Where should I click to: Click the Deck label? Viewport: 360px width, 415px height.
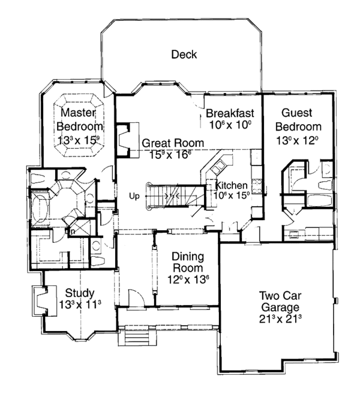click(184, 55)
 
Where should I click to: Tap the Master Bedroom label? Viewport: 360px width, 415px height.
click(79, 119)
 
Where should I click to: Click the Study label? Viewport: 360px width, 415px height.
click(79, 293)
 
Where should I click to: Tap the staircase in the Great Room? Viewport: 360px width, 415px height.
click(170, 196)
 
